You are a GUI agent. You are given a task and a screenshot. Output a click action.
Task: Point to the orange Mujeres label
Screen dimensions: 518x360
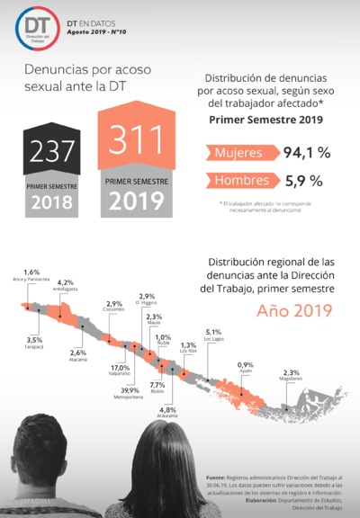238,153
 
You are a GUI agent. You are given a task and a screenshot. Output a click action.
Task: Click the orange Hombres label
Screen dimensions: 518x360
240,181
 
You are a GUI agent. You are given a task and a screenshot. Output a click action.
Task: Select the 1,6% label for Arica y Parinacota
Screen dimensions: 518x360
31,272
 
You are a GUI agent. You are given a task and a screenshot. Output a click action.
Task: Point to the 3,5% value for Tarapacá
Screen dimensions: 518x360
34,339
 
